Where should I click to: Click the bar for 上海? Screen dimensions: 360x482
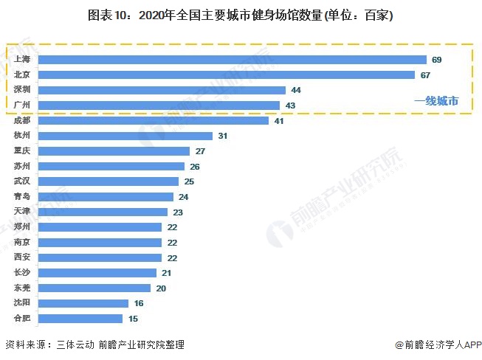[x=232, y=59]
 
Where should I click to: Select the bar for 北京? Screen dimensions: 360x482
[x=226, y=75]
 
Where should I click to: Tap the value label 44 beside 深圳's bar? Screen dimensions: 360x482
[x=295, y=90]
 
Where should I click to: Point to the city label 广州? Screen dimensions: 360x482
[x=22, y=105]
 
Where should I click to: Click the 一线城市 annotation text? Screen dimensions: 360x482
[x=435, y=102]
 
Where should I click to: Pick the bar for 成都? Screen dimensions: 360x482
[x=153, y=120]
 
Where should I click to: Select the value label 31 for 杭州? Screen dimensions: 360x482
[x=223, y=136]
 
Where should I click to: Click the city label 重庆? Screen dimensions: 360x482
[x=22, y=151]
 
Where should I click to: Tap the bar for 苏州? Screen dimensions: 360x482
[x=111, y=166]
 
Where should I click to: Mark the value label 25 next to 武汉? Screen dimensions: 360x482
[x=190, y=181]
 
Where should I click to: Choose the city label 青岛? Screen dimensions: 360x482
[x=22, y=197]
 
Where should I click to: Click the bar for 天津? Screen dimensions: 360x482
[x=103, y=212]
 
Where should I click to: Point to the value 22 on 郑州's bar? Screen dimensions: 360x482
[x=173, y=227]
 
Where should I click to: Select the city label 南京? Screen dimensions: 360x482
[x=22, y=242]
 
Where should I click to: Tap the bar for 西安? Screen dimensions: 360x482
[x=100, y=257]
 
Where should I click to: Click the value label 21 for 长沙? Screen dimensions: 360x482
[x=167, y=273]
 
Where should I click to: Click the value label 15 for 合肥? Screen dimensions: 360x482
[x=134, y=319]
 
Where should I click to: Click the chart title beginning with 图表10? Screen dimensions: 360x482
[x=241, y=15]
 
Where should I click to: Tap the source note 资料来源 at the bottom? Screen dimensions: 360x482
[x=94, y=345]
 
